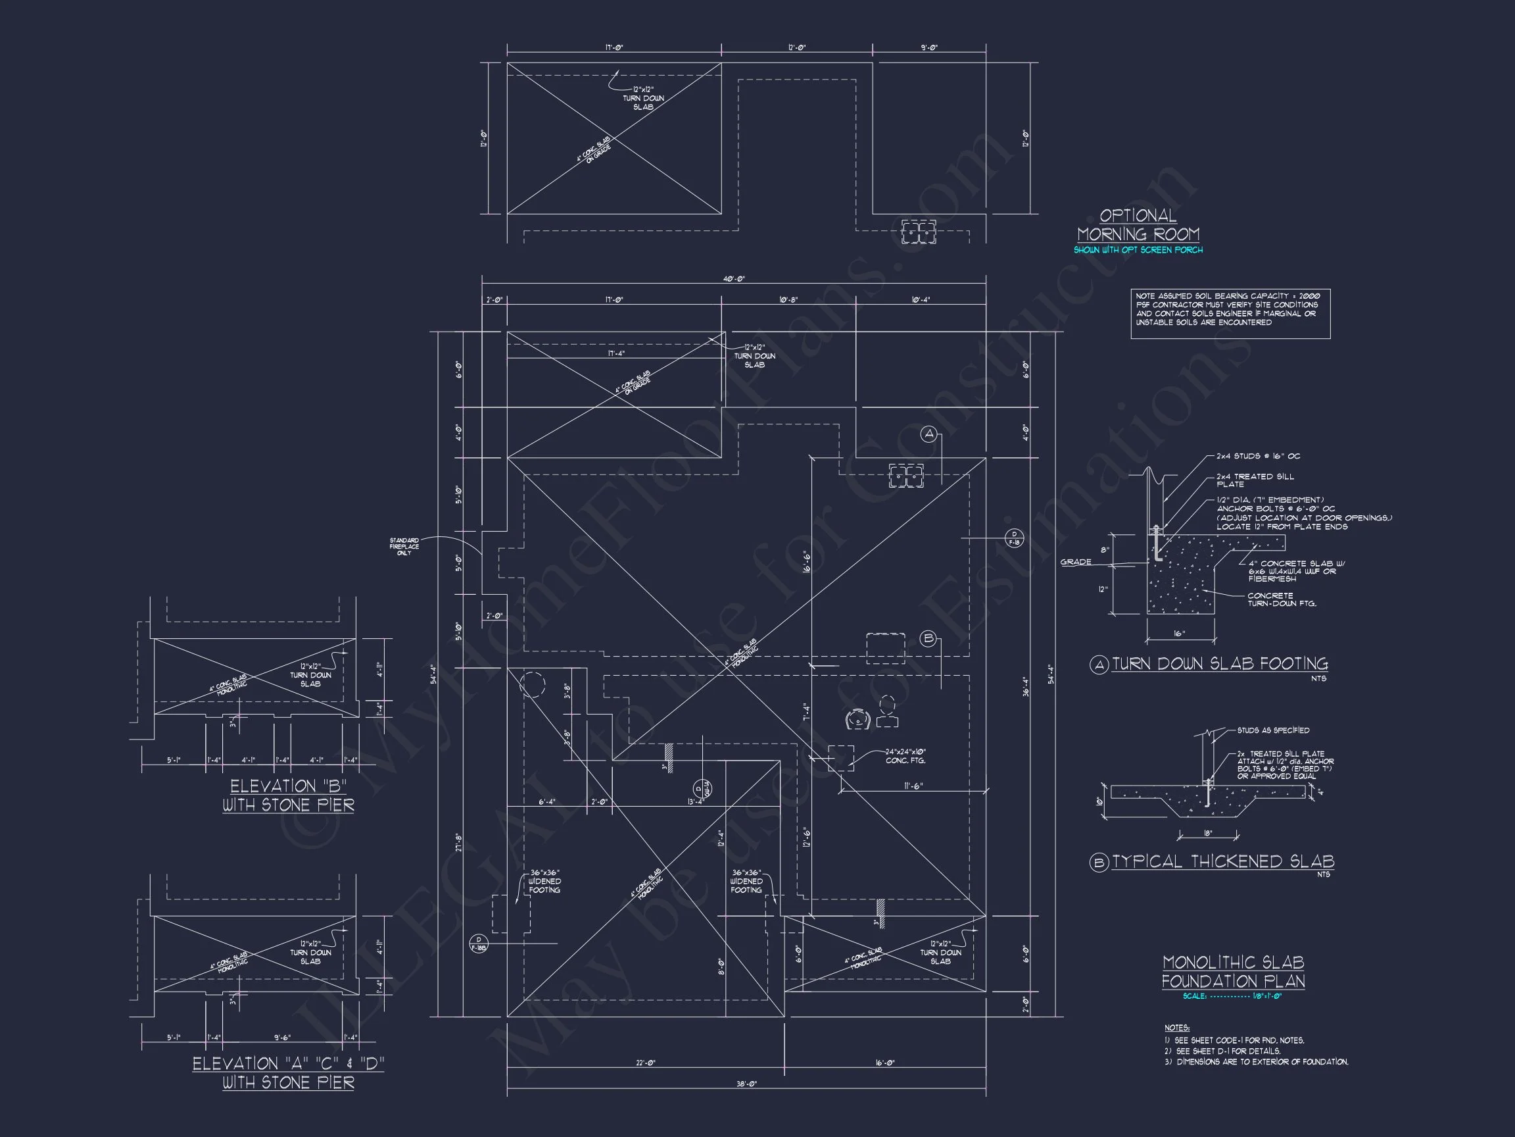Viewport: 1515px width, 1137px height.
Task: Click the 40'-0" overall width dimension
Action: pyautogui.click(x=734, y=280)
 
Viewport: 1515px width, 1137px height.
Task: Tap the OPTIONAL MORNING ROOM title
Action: pyautogui.click(x=1138, y=225)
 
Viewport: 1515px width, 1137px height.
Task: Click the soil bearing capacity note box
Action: pyautogui.click(x=1230, y=314)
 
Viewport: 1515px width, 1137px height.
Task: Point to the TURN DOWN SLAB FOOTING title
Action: pyautogui.click(x=1219, y=664)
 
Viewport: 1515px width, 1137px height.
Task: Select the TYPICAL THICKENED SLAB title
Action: pyautogui.click(x=1222, y=862)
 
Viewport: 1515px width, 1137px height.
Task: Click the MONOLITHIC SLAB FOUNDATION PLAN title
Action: pyautogui.click(x=1233, y=972)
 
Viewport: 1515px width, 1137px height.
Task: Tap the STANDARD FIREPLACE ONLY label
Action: pyautogui.click(x=404, y=546)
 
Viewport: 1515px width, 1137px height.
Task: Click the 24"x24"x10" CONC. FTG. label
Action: pyautogui.click(x=905, y=757)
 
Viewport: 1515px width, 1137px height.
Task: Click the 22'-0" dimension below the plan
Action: pyautogui.click(x=645, y=1063)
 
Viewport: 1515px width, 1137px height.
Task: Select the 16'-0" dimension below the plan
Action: pyautogui.click(x=885, y=1063)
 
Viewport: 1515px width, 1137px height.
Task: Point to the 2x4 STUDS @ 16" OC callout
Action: pyautogui.click(x=1257, y=457)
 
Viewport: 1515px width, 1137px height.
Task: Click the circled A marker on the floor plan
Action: pyautogui.click(x=928, y=434)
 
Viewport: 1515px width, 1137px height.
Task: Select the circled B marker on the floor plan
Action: pyautogui.click(x=928, y=639)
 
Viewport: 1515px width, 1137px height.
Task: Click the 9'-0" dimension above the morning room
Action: pyautogui.click(x=928, y=48)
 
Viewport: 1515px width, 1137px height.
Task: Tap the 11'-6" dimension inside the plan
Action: pyautogui.click(x=913, y=787)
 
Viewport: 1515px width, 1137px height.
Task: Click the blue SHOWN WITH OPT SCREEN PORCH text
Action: pyautogui.click(x=1138, y=250)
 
